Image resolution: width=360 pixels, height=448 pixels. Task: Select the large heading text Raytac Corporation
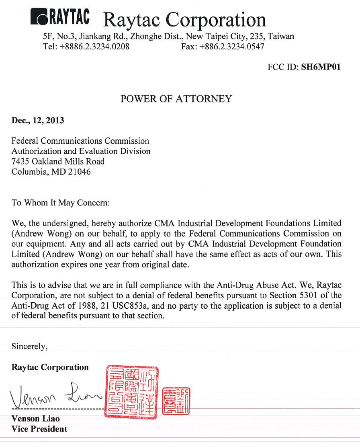coord(184,19)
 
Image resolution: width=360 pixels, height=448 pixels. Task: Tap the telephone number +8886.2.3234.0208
coord(94,46)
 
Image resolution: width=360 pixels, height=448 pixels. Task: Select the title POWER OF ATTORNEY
coord(176,99)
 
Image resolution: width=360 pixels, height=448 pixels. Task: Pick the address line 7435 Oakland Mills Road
coord(58,162)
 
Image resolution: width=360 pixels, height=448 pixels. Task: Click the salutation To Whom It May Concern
coord(61,203)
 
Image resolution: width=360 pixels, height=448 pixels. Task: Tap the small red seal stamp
coord(176,401)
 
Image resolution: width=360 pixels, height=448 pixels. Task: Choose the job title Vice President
coord(39,429)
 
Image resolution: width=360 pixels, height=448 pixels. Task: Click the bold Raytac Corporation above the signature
coord(50,367)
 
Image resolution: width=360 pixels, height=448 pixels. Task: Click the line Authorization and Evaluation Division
coord(81,151)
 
